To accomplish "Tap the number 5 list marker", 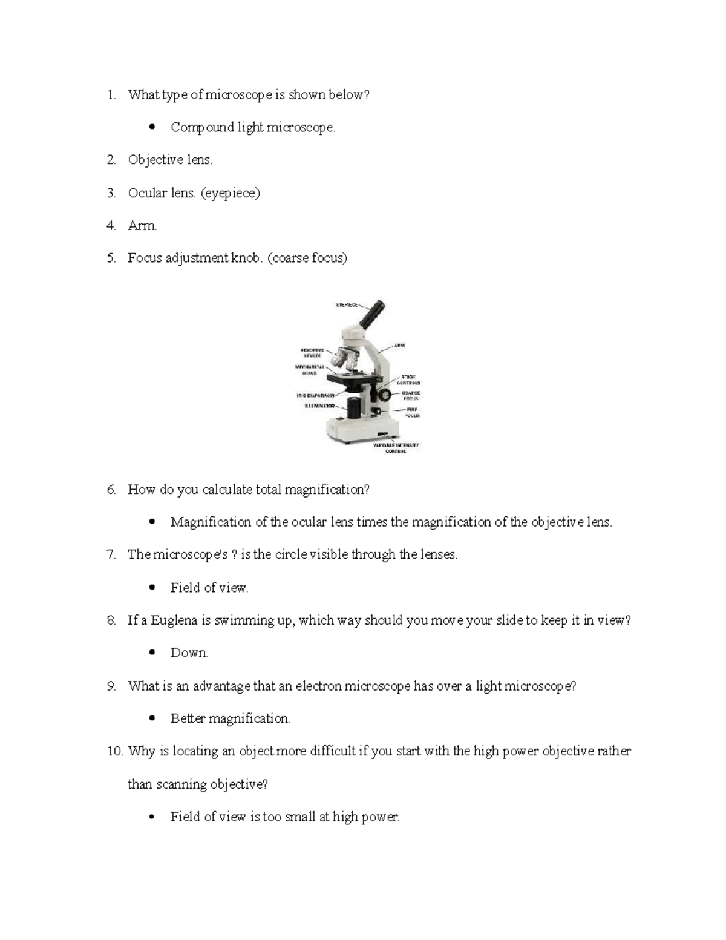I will point(111,258).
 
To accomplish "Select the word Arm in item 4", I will point(142,226).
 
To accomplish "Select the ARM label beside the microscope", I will point(399,346).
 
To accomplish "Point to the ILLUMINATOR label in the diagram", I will point(319,406).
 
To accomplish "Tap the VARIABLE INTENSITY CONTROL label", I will point(396,448).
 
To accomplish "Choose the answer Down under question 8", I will point(189,653).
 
